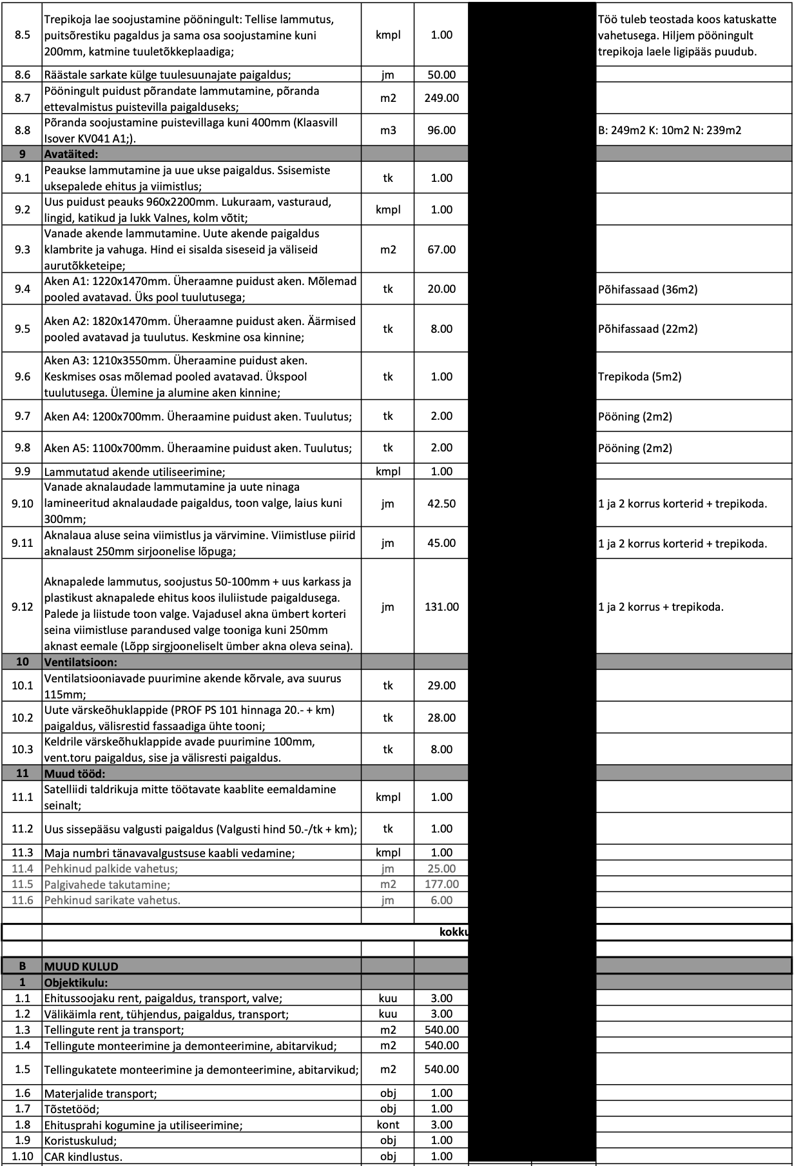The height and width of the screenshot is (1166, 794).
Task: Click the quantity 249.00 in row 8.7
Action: [x=441, y=99]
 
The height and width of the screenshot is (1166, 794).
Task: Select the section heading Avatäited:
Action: [x=71, y=155]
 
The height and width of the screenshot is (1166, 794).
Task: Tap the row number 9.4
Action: [x=23, y=289]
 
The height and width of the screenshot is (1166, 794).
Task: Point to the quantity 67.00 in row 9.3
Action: [x=441, y=250]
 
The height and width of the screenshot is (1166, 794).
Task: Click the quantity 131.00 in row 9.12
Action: [x=441, y=607]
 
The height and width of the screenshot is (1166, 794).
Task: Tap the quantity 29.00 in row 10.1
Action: [x=441, y=686]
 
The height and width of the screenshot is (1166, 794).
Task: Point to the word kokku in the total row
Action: [x=453, y=933]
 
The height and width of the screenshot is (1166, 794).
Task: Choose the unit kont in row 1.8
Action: [x=388, y=1125]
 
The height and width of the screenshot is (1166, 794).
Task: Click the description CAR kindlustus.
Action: [x=83, y=1157]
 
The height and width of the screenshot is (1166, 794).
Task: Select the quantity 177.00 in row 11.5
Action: [x=441, y=884]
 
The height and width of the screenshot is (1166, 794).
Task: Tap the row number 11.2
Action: [x=23, y=829]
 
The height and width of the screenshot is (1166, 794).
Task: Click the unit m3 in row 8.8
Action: [x=388, y=130]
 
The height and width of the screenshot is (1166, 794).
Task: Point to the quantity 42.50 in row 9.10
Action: [x=441, y=504]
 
